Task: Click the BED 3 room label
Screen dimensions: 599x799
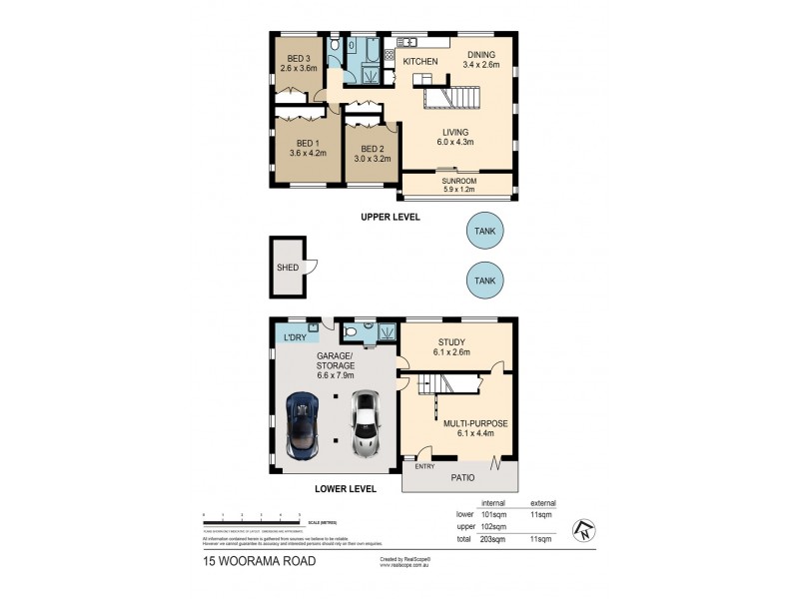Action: click(x=298, y=59)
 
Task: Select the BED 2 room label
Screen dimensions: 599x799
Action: click(x=372, y=149)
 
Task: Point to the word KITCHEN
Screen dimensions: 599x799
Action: click(x=420, y=62)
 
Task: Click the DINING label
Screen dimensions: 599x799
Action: click(x=480, y=56)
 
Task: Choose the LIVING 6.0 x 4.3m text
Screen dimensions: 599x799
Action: click(x=457, y=141)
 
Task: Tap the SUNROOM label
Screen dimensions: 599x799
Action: click(x=458, y=182)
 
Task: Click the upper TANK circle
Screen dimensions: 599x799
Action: click(x=485, y=233)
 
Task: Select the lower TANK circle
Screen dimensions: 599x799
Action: click(x=485, y=280)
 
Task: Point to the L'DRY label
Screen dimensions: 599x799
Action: click(x=295, y=338)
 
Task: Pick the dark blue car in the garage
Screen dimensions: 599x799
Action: click(x=303, y=424)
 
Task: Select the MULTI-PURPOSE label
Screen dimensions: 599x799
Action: click(x=476, y=423)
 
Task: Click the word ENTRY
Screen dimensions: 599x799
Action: click(x=424, y=465)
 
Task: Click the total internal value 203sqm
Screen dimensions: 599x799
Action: click(x=494, y=539)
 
